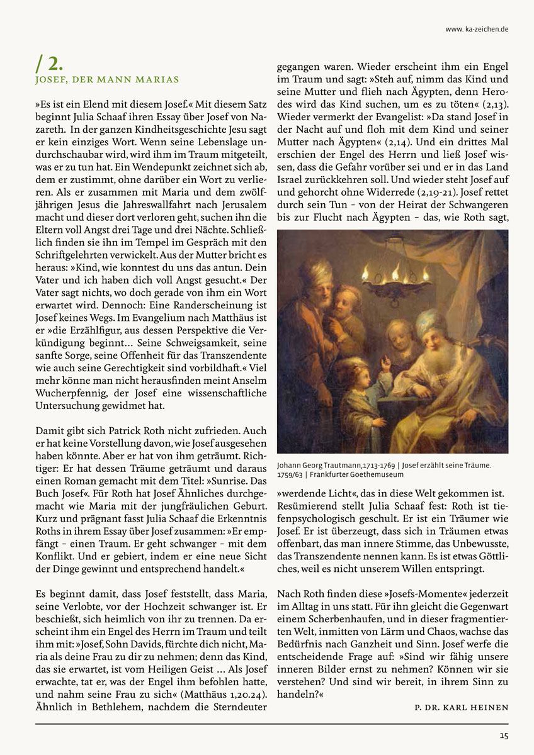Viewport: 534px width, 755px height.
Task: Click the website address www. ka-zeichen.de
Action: click(x=477, y=28)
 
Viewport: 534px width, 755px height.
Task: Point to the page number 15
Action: click(x=504, y=735)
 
